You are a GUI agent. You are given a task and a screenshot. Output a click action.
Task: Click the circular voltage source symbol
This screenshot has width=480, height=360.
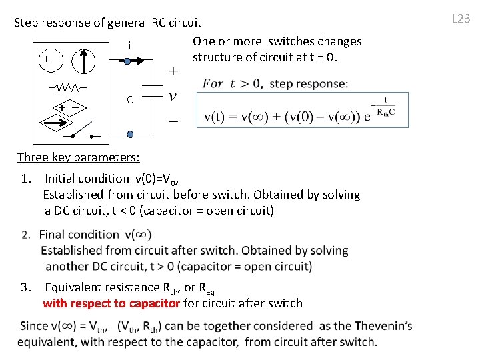(x=50, y=59)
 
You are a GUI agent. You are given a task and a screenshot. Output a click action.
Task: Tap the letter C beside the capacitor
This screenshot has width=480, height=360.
(x=130, y=100)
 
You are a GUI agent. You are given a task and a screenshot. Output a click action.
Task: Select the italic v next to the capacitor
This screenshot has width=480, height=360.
(x=173, y=96)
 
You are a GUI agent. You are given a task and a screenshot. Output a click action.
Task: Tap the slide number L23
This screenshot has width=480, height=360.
(x=461, y=19)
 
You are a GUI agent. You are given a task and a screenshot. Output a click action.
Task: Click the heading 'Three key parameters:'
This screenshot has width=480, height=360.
(x=78, y=157)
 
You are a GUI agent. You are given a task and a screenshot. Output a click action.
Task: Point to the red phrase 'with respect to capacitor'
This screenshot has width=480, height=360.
(x=111, y=303)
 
